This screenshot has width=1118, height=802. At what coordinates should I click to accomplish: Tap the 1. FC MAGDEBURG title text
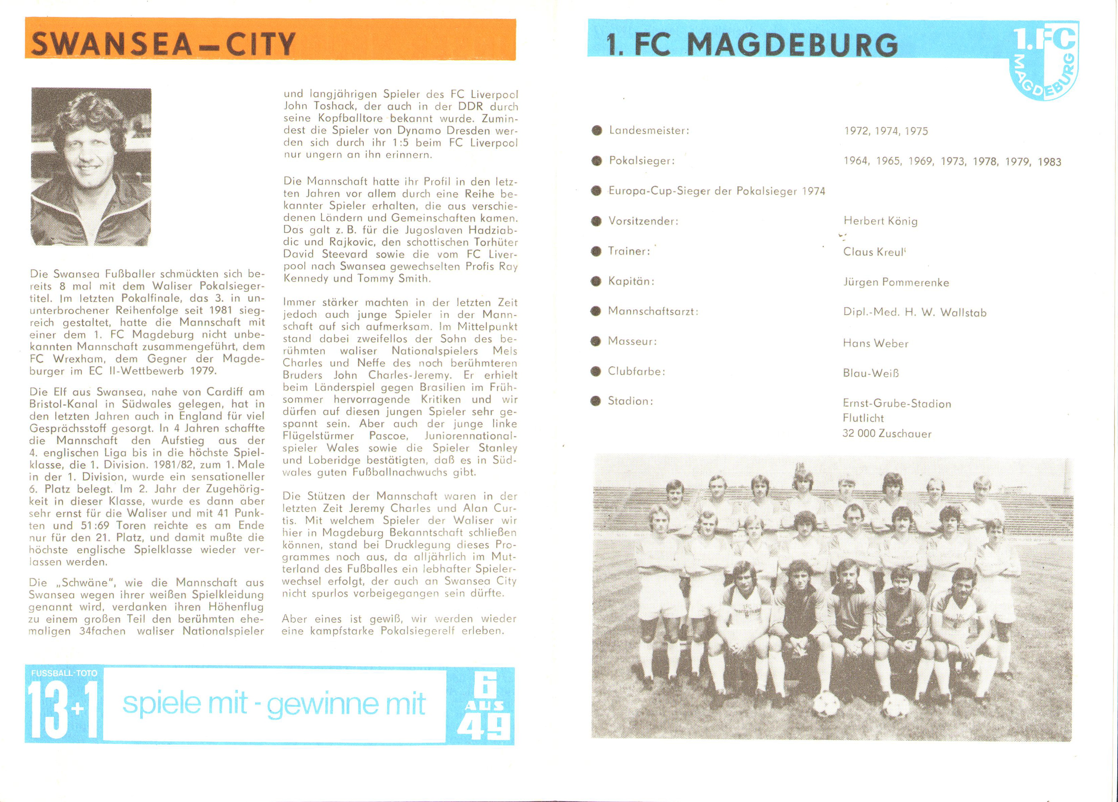tap(752, 45)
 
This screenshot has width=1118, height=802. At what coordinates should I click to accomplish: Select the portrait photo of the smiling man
tap(91, 166)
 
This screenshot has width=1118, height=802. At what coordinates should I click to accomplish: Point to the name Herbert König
tap(880, 221)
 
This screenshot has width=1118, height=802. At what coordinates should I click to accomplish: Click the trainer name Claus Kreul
tap(874, 252)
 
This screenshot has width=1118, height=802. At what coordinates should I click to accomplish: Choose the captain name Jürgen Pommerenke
tap(896, 283)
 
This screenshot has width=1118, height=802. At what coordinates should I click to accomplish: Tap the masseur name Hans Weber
tap(876, 343)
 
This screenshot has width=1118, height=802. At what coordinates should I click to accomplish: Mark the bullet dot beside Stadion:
tap(596, 401)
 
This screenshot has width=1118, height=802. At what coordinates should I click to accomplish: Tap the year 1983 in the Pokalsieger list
tap(1049, 162)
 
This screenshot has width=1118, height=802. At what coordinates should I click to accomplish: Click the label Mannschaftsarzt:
tap(653, 311)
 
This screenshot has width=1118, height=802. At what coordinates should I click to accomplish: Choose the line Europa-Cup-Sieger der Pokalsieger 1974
tap(716, 191)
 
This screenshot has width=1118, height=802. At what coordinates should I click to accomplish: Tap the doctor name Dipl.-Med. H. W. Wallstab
tap(914, 313)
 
